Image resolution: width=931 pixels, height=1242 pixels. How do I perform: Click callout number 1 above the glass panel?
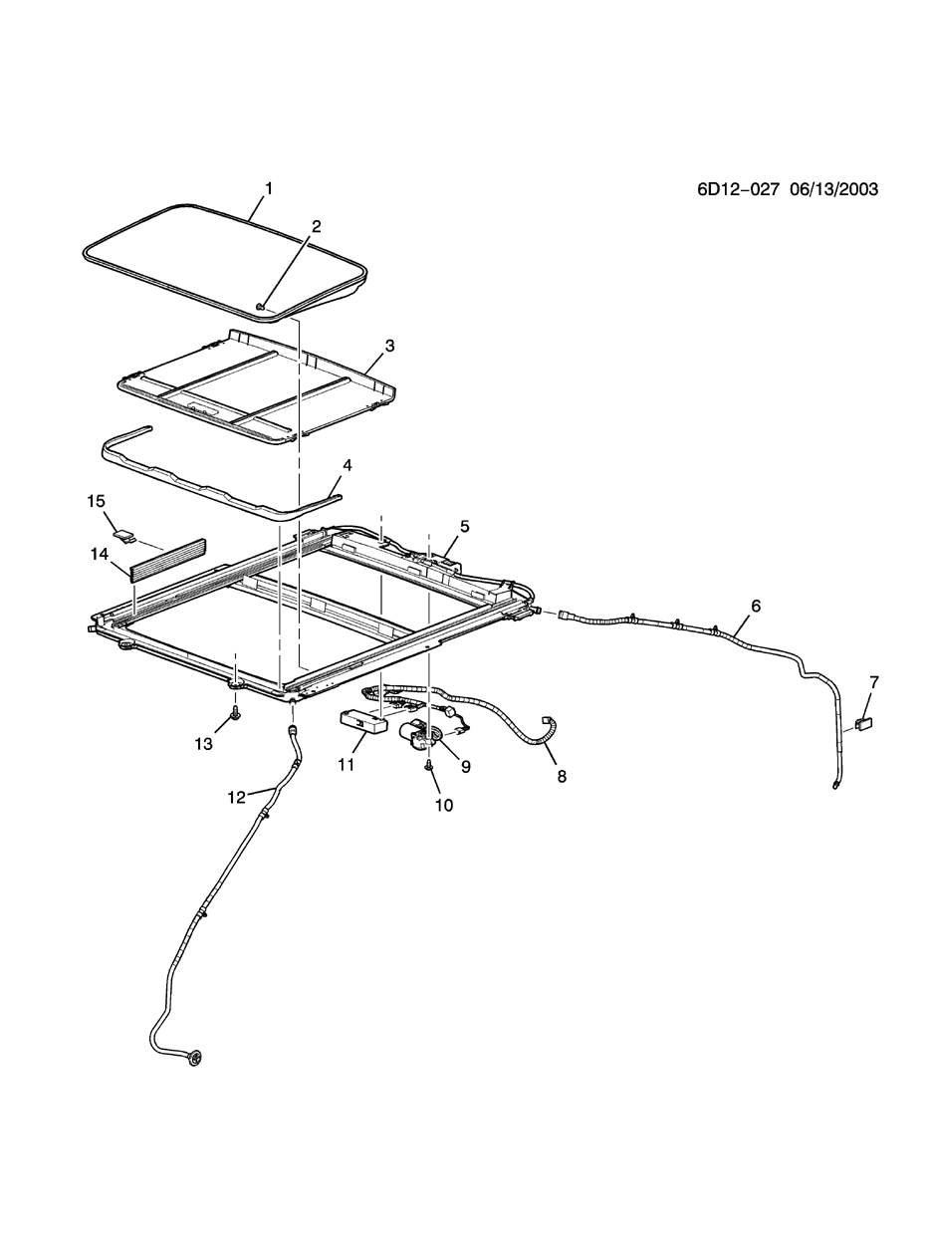tap(268, 187)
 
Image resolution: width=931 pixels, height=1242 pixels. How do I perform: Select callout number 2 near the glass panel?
tap(316, 226)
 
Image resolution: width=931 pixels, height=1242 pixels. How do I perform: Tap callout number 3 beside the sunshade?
tap(389, 346)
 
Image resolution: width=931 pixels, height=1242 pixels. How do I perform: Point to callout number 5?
tap(464, 525)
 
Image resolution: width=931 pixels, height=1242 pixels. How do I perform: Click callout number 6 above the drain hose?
tap(755, 606)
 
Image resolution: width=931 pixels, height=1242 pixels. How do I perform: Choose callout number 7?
tap(874, 682)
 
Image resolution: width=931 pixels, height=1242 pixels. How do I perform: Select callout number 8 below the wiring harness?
tap(562, 776)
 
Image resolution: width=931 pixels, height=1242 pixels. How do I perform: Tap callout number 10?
tap(443, 805)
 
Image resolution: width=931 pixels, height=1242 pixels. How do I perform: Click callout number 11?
tap(347, 765)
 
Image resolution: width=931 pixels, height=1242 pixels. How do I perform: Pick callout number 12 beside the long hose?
tap(236, 797)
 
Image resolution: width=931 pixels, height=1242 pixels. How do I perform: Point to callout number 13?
tap(203, 744)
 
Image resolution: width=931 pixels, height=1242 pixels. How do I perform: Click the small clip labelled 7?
tap(862, 724)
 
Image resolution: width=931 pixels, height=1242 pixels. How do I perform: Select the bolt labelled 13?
tap(236, 714)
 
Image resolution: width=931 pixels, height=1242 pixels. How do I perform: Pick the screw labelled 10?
tap(428, 766)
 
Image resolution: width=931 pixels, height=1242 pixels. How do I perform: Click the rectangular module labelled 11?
tap(362, 721)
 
